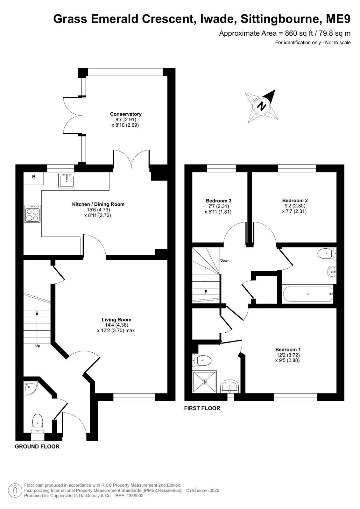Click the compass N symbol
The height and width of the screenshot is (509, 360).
262,106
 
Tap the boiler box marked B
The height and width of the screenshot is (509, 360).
34,179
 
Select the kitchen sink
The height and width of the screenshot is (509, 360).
67,180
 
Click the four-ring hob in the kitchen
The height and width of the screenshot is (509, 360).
32,213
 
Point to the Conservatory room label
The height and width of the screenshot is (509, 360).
126,114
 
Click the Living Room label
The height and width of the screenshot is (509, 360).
116,320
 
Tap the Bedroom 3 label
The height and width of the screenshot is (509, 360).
219,201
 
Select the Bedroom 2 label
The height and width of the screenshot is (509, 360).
295,201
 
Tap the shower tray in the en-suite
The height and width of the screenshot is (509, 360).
204,382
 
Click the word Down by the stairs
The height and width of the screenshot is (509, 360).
225,260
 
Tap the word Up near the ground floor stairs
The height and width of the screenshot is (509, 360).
38,346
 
